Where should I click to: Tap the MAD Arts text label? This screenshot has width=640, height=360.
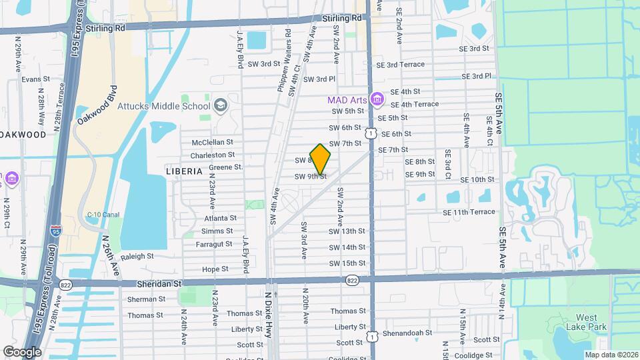click(x=347, y=100)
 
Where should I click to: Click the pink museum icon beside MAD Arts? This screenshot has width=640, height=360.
click(x=377, y=99)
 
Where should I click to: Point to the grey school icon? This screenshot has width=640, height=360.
click(x=220, y=105)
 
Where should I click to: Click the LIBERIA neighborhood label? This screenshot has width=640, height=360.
click(x=183, y=171)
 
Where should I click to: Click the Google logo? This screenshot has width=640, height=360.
click(x=22, y=351)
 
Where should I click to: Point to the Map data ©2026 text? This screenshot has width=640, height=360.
click(x=611, y=354)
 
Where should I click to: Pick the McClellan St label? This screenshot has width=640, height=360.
click(x=213, y=142)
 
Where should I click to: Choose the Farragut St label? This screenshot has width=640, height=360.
click(x=214, y=244)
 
